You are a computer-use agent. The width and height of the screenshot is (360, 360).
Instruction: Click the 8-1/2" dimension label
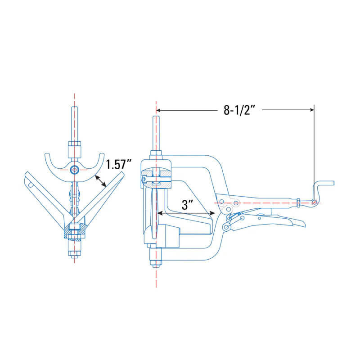(x=239, y=110)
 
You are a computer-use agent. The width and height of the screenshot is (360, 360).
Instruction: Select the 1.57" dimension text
(x=118, y=164)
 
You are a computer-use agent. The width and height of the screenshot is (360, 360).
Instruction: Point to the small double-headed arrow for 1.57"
(x=101, y=181)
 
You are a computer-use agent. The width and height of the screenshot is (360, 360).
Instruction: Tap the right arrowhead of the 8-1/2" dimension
(x=311, y=110)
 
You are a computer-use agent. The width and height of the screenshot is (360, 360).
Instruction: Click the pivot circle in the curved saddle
(x=75, y=170)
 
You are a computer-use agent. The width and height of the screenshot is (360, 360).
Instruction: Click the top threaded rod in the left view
(x=75, y=124)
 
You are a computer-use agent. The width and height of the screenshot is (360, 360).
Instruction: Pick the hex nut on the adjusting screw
(x=298, y=203)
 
